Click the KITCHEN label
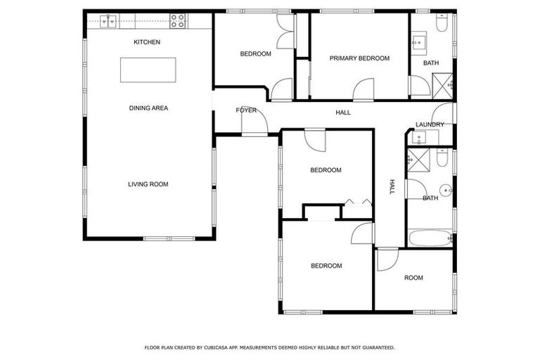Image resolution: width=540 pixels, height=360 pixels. pyautogui.click(x=147, y=42)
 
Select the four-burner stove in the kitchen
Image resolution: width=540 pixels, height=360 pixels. pyautogui.click(x=178, y=21)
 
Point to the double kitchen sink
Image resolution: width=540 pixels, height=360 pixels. pyautogui.click(x=109, y=22)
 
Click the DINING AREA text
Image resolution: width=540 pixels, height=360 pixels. pyautogui.click(x=148, y=108)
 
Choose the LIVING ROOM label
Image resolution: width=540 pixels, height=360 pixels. pyautogui.click(x=148, y=184)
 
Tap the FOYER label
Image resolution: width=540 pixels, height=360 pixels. pyautogui.click(x=245, y=111)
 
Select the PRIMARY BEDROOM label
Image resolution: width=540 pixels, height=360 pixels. pyautogui.click(x=359, y=58)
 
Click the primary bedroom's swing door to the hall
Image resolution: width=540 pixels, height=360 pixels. pyautogui.click(x=364, y=89)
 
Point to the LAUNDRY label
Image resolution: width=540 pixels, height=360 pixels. pyautogui.click(x=430, y=124)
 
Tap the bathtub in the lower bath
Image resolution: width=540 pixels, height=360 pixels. pyautogui.click(x=428, y=238)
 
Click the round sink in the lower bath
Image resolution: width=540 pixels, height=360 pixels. pyautogui.click(x=445, y=189)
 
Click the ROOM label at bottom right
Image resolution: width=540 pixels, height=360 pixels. pyautogui.click(x=413, y=278)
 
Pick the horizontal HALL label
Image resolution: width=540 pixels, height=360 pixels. pyautogui.click(x=343, y=112)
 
